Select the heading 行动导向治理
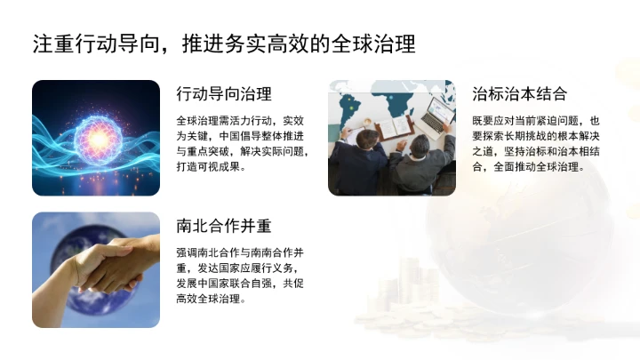(224, 94)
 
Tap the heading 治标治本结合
(519, 94)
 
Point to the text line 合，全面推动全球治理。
(528, 166)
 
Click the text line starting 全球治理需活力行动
(240, 120)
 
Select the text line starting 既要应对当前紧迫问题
(536, 120)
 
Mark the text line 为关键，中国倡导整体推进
(240, 136)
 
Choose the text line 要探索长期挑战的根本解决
(536, 136)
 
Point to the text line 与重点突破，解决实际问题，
(243, 151)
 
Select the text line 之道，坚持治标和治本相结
(536, 151)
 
